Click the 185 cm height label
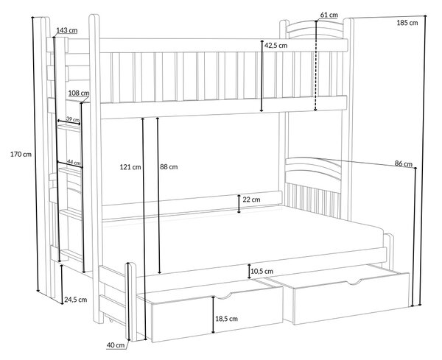pyautogui.click(x=407, y=23)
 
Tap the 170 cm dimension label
pyautogui.click(x=21, y=154)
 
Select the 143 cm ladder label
pyautogui.click(x=67, y=30)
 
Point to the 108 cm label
pyautogui.click(x=79, y=93)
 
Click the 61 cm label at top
pyautogui.click(x=329, y=15)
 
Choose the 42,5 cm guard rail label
pyautogui.click(x=276, y=45)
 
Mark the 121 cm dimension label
pyautogui.click(x=130, y=167)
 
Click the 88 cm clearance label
pyautogui.click(x=169, y=167)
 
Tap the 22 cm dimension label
pyautogui.click(x=251, y=200)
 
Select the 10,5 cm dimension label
pyautogui.click(x=262, y=271)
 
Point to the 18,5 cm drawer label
pyautogui.click(x=226, y=319)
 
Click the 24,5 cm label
pyautogui.click(x=76, y=300)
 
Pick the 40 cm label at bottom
pyautogui.click(x=116, y=345)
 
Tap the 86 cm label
pyautogui.click(x=404, y=163)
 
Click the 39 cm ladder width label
pyautogui.click(x=73, y=119)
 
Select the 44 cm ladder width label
pyautogui.click(x=74, y=162)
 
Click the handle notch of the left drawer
pyautogui.click(x=222, y=296)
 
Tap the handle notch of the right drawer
pyautogui.click(x=354, y=282)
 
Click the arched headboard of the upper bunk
pyautogui.click(x=315, y=29)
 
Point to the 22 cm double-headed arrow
pyautogui.click(x=239, y=203)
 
